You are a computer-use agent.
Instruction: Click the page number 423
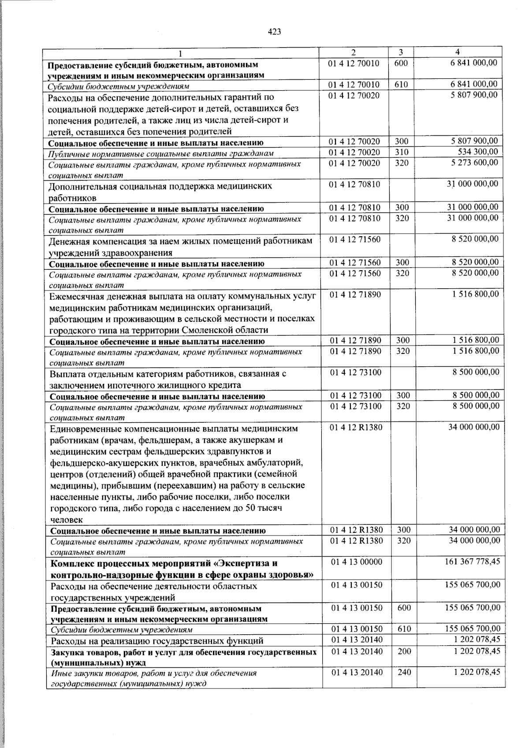click(274, 32)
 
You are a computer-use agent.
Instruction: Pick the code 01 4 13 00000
click(356, 562)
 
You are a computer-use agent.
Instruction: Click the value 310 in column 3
click(402, 152)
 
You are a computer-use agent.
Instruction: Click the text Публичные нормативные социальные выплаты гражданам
click(161, 153)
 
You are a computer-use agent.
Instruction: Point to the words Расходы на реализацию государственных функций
click(157, 640)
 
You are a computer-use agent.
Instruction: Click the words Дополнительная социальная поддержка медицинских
click(160, 186)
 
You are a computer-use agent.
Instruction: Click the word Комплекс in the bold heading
click(71, 563)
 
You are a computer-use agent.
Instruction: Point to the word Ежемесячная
click(76, 296)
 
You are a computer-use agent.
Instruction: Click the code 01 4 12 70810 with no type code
click(354, 184)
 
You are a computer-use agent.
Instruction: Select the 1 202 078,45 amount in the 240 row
click(477, 672)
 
